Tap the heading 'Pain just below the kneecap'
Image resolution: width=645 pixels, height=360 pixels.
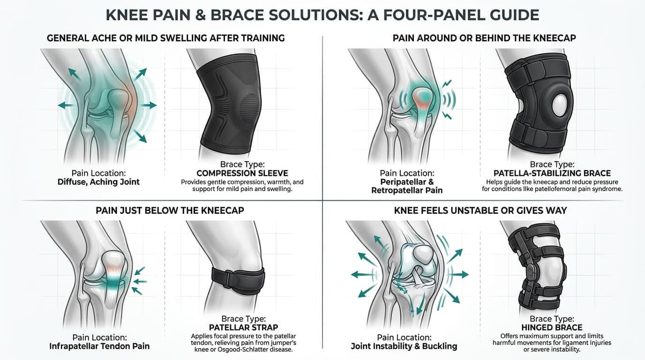170,210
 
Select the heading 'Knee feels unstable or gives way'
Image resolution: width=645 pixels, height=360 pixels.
480,210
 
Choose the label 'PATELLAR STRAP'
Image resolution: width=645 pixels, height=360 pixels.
243,327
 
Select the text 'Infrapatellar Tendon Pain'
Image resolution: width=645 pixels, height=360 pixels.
99,346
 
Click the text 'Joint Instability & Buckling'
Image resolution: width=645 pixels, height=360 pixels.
404,346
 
